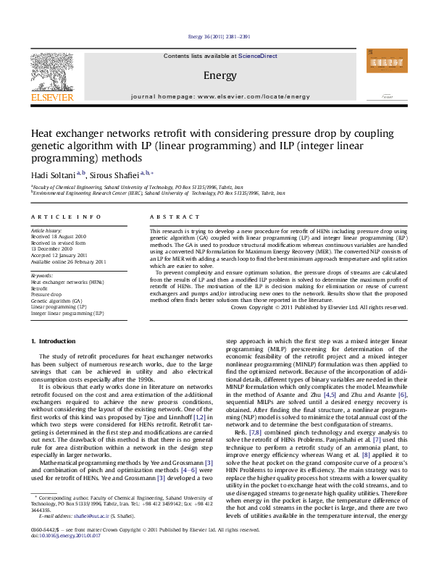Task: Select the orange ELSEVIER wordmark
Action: coord(51,96)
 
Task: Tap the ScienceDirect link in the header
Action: coord(258,56)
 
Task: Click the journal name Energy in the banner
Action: coord(219,75)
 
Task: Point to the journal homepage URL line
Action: coord(219,96)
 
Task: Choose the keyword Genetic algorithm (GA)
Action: coord(57,301)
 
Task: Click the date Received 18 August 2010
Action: coord(58,236)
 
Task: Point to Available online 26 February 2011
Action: coord(68,261)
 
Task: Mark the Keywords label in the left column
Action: coord(42,276)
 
